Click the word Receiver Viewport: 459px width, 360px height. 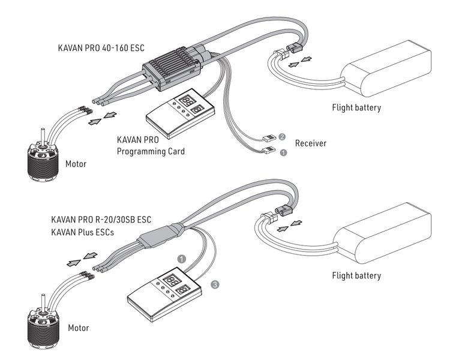click(x=311, y=144)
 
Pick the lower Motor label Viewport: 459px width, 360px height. click(x=79, y=328)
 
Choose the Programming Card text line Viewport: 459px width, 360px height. click(x=151, y=152)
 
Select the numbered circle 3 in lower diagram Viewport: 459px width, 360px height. click(x=215, y=285)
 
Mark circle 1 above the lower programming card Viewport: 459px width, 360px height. click(x=181, y=259)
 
